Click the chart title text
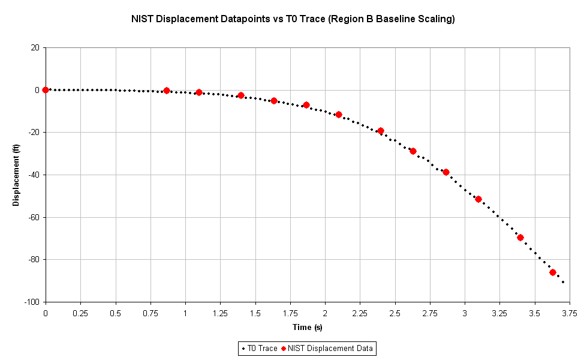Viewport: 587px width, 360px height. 293,19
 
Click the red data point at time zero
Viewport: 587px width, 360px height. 46,90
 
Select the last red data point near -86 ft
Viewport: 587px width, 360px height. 553,272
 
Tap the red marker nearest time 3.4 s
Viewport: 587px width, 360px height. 520,238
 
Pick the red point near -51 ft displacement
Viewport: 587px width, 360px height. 478,199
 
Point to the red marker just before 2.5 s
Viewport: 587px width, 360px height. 380,131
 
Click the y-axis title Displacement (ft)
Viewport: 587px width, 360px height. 16,175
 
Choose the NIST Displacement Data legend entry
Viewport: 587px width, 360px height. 330,348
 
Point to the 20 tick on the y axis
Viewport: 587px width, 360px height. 35,48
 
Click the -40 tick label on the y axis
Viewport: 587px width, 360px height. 34,175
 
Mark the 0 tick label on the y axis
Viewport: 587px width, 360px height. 38,90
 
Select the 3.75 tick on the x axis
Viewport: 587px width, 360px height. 570,313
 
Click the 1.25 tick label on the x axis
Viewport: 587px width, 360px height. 220,313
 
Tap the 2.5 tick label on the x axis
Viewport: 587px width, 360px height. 395,313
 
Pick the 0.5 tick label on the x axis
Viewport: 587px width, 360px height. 115,313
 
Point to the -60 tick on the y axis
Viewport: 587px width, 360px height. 34,217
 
